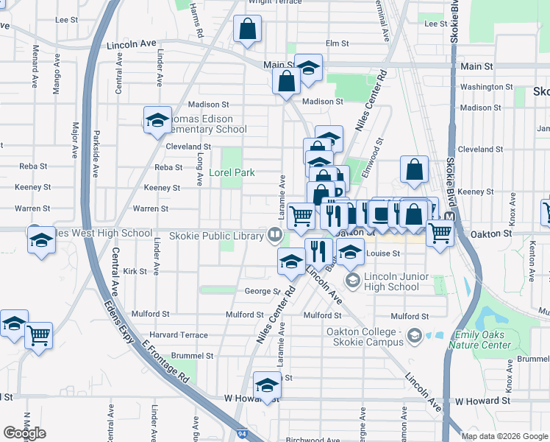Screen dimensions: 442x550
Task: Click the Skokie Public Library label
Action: coord(216,236)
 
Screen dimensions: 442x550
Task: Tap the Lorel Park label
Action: coord(231,174)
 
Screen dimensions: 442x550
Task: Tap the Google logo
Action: coord(24,433)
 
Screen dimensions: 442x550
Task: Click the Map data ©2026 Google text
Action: coord(504,436)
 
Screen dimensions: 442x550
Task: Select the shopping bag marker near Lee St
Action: coord(248,29)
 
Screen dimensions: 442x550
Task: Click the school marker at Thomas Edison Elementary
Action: coord(157,120)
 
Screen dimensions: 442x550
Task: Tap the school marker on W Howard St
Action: coord(267,385)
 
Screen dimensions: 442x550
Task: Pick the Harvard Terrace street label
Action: coord(179,334)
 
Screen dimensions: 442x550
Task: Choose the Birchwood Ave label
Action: coord(312,440)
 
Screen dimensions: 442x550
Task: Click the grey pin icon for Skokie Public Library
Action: coord(275,236)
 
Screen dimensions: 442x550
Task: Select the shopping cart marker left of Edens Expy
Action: coord(38,335)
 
